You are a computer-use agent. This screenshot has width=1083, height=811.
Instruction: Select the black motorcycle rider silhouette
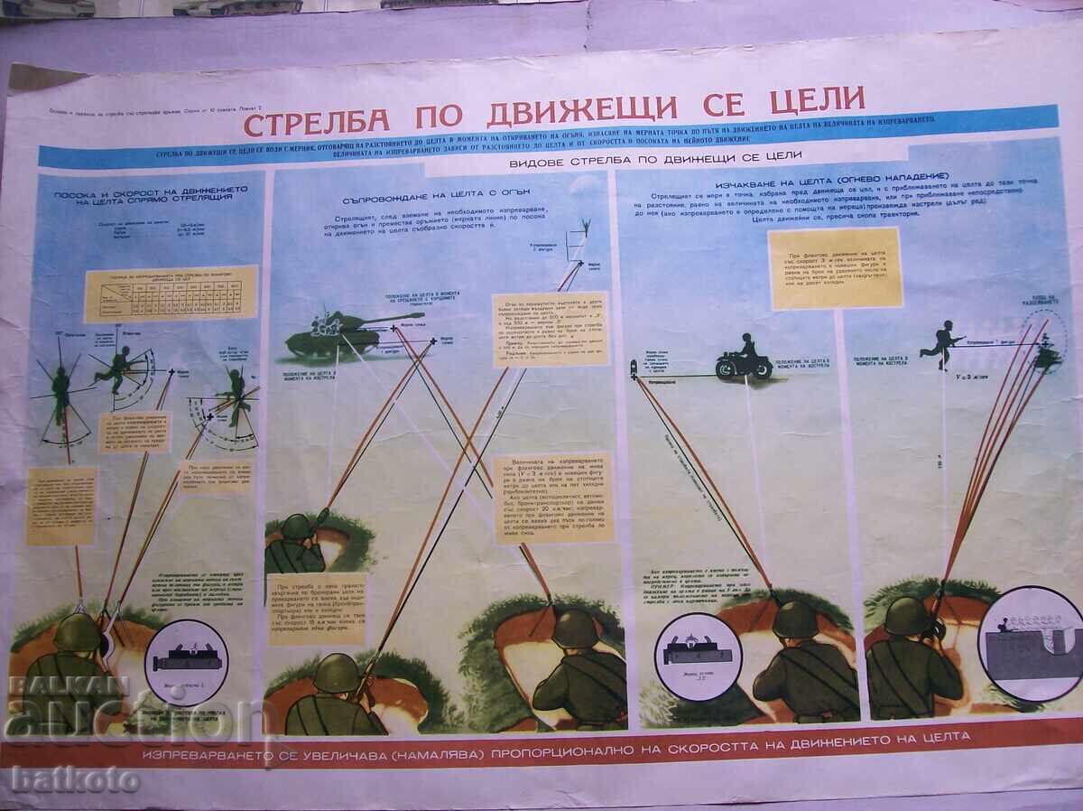744,358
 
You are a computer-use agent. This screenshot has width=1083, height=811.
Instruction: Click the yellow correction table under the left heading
171,293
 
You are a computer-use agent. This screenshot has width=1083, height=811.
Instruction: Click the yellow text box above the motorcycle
836,267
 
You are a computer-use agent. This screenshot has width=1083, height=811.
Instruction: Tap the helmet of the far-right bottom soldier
907,616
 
